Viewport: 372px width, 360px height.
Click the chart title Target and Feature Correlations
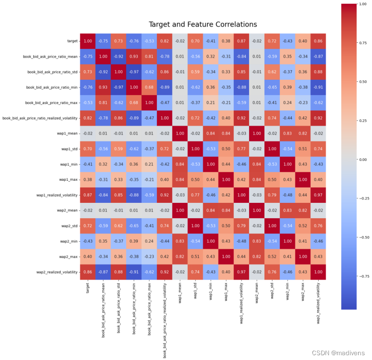(x=203, y=25)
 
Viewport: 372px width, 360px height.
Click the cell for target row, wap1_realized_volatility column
(x=242, y=41)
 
